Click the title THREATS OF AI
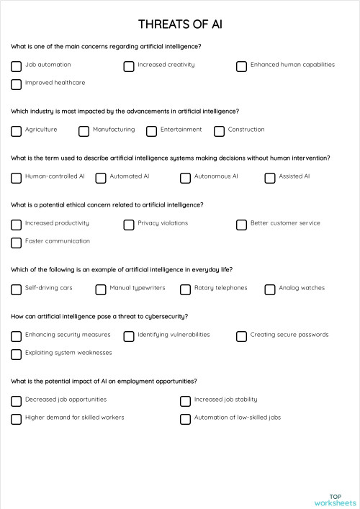(180, 24)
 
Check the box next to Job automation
(16, 66)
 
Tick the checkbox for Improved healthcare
(16, 84)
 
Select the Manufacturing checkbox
(84, 131)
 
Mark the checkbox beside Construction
(219, 131)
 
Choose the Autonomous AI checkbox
(185, 178)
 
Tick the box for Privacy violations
(129, 225)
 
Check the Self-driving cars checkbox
(16, 289)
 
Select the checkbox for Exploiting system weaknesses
(16, 354)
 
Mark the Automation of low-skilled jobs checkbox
(185, 419)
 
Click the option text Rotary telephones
(220, 288)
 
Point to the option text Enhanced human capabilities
(292, 65)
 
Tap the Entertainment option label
(181, 130)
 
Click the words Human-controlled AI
(55, 176)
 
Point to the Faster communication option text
(58, 241)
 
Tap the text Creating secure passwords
(289, 335)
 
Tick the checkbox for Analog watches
(269, 289)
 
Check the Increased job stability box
(185, 401)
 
